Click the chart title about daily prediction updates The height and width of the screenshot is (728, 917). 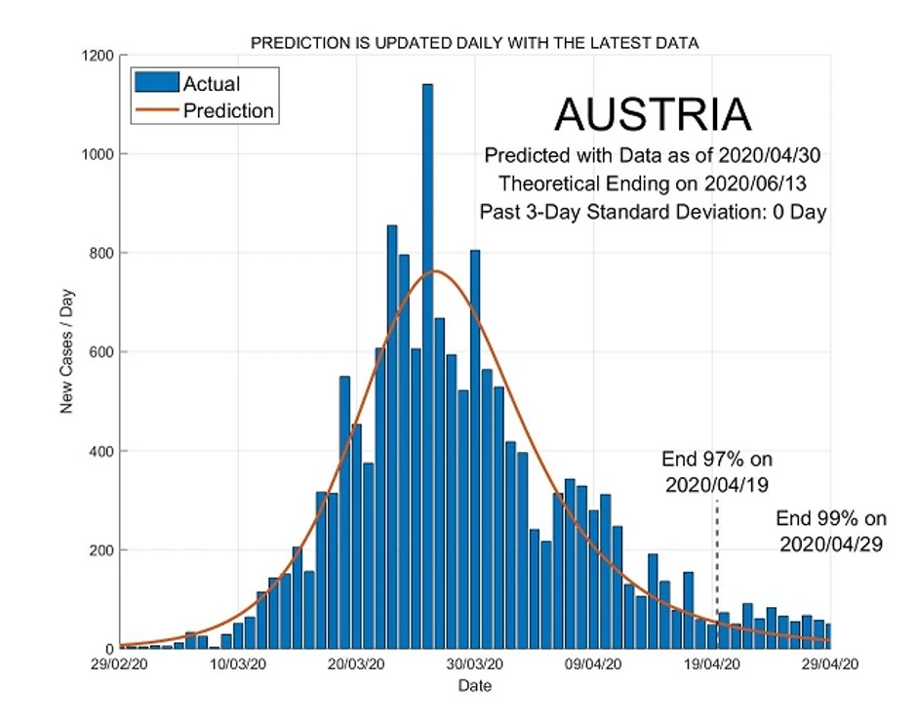click(475, 43)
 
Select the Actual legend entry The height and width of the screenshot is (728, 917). click(212, 85)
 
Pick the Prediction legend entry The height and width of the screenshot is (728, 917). click(228, 110)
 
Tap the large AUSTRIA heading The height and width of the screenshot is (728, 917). click(653, 115)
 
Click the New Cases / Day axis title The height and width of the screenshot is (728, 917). click(67, 352)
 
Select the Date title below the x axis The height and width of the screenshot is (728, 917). click(475, 686)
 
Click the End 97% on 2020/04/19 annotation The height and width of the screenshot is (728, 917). click(717, 471)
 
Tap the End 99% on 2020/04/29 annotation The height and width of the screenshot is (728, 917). click(831, 531)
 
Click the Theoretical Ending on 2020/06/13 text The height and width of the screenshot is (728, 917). click(654, 183)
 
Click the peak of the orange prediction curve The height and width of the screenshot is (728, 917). click(435, 270)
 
